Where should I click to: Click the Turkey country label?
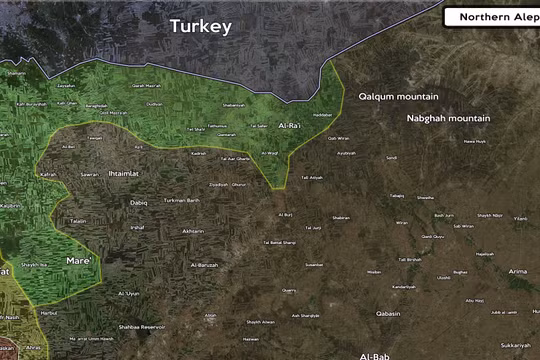(200, 26)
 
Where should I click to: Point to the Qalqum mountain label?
(398, 96)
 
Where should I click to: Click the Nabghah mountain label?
(448, 118)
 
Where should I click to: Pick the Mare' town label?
(79, 261)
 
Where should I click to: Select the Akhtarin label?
(192, 231)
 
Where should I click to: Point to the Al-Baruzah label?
(204, 265)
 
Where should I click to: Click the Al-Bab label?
(375, 355)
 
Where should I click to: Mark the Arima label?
(517, 271)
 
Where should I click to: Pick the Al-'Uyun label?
(129, 293)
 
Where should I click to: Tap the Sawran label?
(89, 174)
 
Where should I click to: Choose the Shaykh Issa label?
(35, 265)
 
